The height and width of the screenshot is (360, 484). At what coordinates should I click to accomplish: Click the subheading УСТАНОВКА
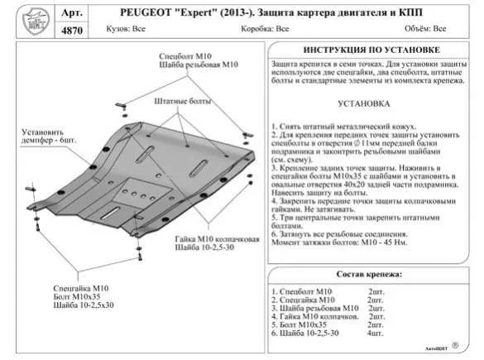coord(364,105)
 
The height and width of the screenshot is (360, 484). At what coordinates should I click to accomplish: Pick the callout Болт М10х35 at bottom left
coord(76,297)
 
